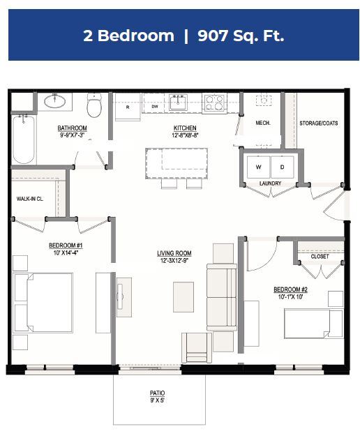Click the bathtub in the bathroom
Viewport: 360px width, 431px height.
click(x=23, y=139)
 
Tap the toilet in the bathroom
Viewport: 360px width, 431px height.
click(x=94, y=107)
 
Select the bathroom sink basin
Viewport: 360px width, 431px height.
click(x=55, y=101)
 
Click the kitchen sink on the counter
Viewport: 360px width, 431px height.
click(x=178, y=102)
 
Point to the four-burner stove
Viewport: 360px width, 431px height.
click(x=214, y=103)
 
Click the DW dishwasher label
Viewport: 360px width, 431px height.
click(x=156, y=107)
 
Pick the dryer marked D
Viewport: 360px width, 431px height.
click(x=283, y=167)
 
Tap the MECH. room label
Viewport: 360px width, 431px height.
click(x=263, y=123)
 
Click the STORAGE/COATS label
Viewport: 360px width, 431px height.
click(x=318, y=123)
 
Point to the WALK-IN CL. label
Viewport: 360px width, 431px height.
click(x=30, y=199)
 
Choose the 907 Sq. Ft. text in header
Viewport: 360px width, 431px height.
click(x=241, y=36)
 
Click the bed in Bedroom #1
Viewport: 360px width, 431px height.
click(x=43, y=302)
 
